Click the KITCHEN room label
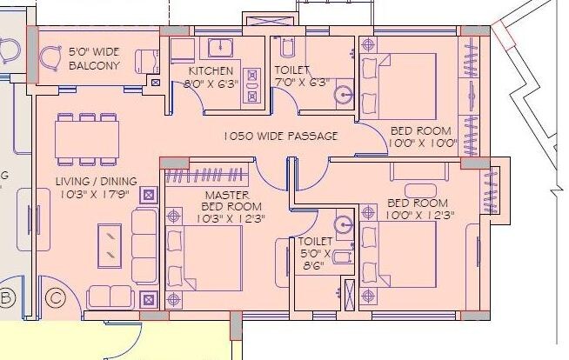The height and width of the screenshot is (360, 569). tap(210, 70)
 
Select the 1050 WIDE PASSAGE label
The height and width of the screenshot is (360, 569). tap(280, 137)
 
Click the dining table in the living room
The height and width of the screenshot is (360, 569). tap(86, 138)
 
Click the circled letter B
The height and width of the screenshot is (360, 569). tap(6, 299)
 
